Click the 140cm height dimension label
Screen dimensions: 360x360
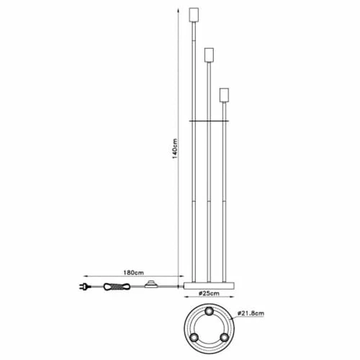pos(175,148)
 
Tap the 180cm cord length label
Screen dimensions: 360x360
pos(133,273)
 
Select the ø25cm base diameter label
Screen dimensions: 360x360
pos(209,293)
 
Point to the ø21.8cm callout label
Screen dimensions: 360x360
pos(251,313)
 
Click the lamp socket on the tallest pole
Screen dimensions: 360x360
pos(194,15)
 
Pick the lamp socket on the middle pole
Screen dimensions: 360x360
pos(209,55)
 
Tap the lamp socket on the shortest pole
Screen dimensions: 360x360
pos(224,95)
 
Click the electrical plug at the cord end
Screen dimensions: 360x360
pos(85,287)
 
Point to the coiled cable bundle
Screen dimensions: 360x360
pos(117,287)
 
